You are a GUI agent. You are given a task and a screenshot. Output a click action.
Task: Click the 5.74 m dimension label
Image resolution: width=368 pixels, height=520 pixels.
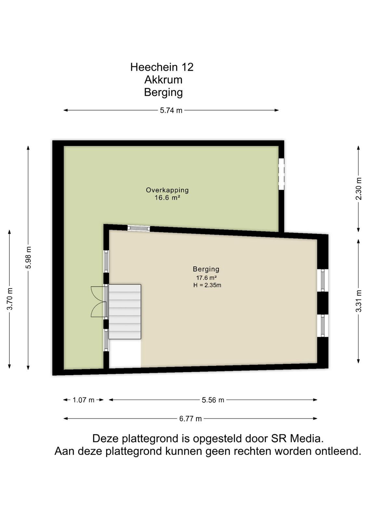(x=171, y=110)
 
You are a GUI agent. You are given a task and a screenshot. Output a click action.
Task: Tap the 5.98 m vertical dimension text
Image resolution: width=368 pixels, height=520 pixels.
(x=28, y=257)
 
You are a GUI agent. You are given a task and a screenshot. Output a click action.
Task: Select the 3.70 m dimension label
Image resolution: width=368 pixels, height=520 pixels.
(x=9, y=299)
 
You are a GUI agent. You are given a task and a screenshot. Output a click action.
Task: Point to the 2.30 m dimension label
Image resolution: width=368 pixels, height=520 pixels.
(x=359, y=188)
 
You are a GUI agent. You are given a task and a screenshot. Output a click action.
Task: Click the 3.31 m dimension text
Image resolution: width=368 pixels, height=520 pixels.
(x=359, y=301)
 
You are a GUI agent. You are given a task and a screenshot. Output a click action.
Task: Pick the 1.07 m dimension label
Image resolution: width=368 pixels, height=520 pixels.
(x=83, y=400)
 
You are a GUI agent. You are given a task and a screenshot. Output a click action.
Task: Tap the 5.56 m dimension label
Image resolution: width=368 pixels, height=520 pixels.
(x=213, y=400)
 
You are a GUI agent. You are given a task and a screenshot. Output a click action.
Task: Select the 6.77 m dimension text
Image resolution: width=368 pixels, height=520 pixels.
(x=191, y=419)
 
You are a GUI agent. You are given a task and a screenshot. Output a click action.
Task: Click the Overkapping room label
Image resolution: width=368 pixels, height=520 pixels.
(x=167, y=190)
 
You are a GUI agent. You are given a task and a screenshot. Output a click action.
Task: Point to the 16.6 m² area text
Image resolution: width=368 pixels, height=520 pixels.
(x=167, y=198)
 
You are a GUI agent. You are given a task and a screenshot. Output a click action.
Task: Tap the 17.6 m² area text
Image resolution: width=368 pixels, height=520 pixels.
(x=206, y=278)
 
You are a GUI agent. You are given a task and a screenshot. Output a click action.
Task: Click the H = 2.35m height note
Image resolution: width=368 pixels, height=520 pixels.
(x=207, y=285)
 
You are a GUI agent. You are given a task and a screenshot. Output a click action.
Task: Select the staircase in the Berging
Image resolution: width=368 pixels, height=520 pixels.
(x=125, y=312)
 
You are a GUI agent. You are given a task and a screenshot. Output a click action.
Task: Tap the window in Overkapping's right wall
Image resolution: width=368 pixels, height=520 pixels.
(x=281, y=174)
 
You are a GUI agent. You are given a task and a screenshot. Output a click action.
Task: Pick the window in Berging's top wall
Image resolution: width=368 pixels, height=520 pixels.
(x=138, y=228)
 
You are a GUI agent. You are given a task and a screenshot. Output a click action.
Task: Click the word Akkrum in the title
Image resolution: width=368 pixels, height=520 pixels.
(x=163, y=80)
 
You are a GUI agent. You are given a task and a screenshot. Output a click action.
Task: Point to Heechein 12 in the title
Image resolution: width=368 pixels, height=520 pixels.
(x=162, y=67)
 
